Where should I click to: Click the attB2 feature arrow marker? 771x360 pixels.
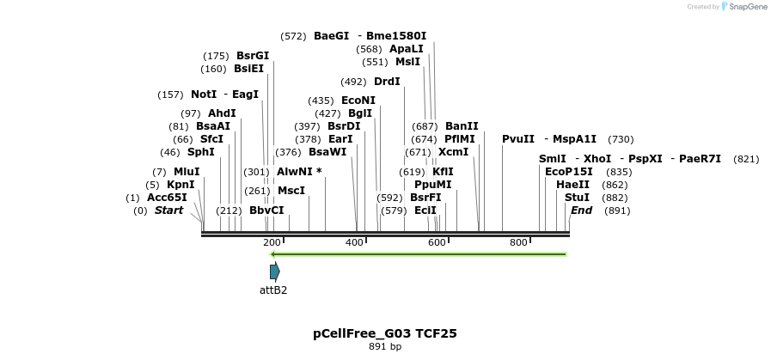click(x=274, y=272)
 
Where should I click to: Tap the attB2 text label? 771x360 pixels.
click(x=273, y=290)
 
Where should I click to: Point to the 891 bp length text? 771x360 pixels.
click(x=385, y=347)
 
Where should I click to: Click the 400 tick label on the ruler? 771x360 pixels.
click(x=355, y=243)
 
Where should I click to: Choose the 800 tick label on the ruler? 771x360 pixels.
click(x=518, y=243)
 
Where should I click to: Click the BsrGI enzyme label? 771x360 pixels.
click(x=253, y=56)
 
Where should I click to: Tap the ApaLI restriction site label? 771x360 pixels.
click(x=407, y=49)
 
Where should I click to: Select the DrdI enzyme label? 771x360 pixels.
click(x=387, y=82)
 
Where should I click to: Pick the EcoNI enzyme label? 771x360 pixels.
click(x=358, y=101)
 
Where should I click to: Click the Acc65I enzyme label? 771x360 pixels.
click(x=167, y=198)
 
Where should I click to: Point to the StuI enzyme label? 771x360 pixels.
click(x=578, y=198)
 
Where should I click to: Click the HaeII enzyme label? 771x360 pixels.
click(x=572, y=185)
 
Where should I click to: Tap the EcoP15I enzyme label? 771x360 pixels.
click(x=569, y=172)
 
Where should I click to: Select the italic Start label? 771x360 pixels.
click(x=168, y=211)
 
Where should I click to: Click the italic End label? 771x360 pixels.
click(x=581, y=211)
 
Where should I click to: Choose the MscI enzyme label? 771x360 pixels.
click(x=291, y=191)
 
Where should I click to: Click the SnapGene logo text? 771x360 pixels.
click(x=744, y=6)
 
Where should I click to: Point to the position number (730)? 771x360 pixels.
click(x=621, y=139)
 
